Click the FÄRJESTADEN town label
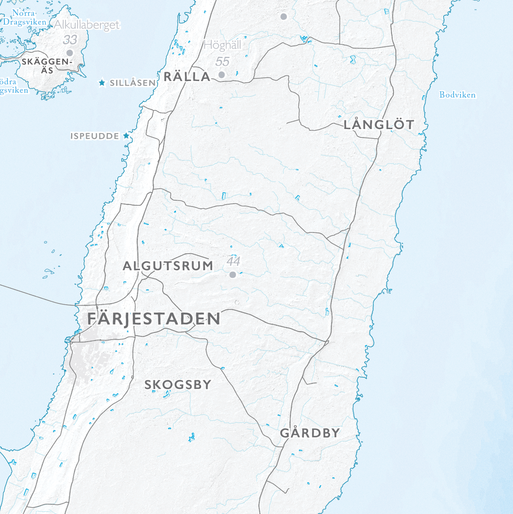tap(154, 319)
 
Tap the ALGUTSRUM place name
tap(168, 266)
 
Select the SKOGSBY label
tap(178, 385)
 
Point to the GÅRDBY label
tap(310, 433)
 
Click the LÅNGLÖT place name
tap(379, 125)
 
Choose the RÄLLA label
tap(187, 77)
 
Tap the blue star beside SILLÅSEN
tap(102, 83)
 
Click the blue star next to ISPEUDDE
tap(126, 136)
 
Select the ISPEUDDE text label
tap(95, 136)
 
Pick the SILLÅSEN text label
tap(133, 83)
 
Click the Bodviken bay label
tap(457, 95)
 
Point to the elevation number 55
tap(222, 62)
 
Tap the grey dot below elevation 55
tap(221, 75)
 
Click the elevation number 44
tap(233, 261)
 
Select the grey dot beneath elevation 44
tap(233, 275)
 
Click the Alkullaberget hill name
tap(87, 25)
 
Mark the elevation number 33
tap(70, 40)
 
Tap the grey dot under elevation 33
tap(70, 53)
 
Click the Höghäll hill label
tap(222, 45)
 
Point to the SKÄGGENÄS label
tap(47, 66)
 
